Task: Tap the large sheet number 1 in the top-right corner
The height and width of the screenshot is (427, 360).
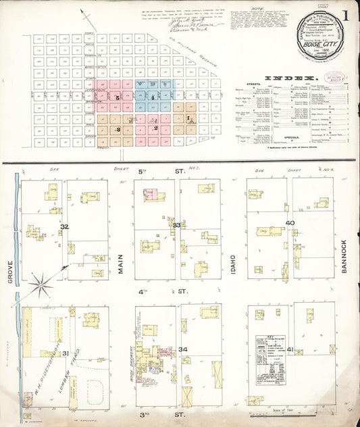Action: click(x=344, y=16)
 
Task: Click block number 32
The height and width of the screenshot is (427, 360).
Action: click(x=65, y=227)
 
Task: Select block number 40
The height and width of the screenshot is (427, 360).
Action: click(x=290, y=223)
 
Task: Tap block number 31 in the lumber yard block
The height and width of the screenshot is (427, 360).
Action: click(x=66, y=353)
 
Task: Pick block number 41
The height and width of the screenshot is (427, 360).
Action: click(x=290, y=349)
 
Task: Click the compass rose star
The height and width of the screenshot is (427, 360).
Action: click(x=42, y=284)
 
